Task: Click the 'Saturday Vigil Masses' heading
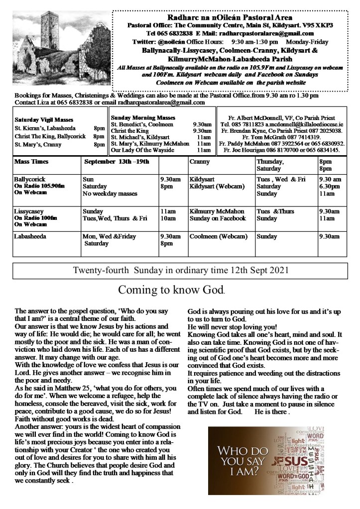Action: click(x=44, y=120)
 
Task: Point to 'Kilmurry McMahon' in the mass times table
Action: click(x=217, y=211)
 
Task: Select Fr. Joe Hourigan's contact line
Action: click(x=282, y=149)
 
